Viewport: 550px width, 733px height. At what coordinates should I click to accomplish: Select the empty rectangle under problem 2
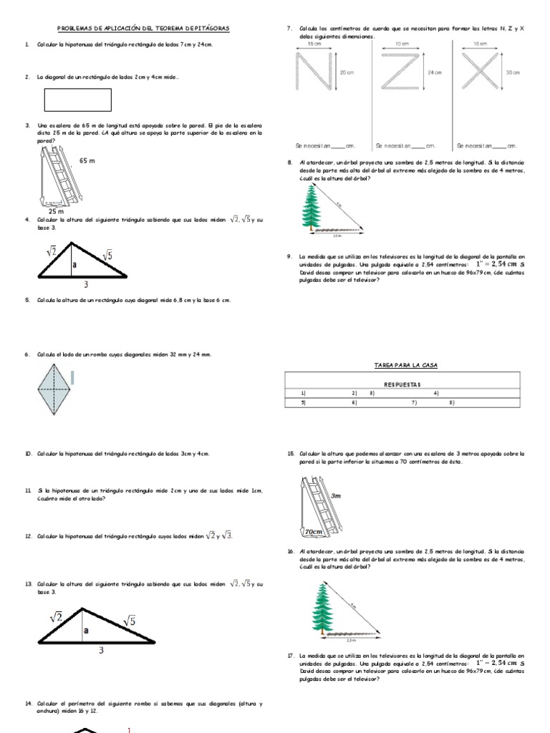tap(77, 99)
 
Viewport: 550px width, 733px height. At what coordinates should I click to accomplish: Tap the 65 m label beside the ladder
tap(87, 161)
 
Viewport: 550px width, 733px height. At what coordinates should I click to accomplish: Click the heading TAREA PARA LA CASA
tap(405, 365)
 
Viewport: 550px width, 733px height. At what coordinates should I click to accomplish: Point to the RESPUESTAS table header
tap(405, 384)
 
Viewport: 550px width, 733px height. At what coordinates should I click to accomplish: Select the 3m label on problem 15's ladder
tap(336, 495)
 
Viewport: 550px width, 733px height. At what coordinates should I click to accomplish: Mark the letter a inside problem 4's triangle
tap(74, 263)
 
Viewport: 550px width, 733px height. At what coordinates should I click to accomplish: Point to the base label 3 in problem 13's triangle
tap(101, 649)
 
